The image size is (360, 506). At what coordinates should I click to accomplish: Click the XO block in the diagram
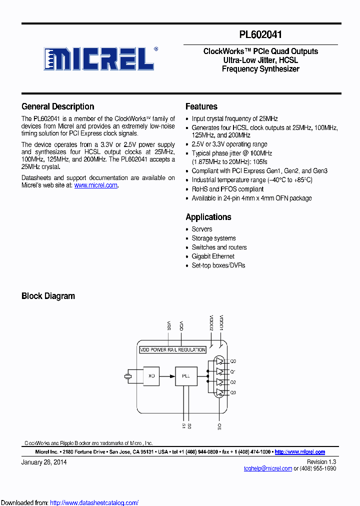click(152, 375)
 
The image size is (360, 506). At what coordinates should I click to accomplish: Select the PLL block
click(186, 375)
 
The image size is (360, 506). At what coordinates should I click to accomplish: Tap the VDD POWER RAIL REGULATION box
click(173, 349)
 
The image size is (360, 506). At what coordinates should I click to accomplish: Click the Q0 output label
click(233, 361)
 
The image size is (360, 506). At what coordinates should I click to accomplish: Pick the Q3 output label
click(233, 392)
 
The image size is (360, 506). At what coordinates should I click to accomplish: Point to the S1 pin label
click(183, 426)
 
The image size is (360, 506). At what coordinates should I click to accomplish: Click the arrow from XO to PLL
click(168, 375)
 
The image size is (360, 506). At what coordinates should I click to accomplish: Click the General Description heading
click(58, 106)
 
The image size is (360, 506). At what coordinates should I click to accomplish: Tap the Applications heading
click(208, 217)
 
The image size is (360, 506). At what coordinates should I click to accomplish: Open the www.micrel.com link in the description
click(96, 185)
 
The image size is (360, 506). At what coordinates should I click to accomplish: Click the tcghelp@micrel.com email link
click(267, 468)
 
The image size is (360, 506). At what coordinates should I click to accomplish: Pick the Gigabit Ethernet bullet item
click(213, 256)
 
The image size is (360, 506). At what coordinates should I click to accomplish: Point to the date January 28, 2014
click(44, 462)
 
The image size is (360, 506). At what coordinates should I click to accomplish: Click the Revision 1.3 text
click(321, 462)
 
